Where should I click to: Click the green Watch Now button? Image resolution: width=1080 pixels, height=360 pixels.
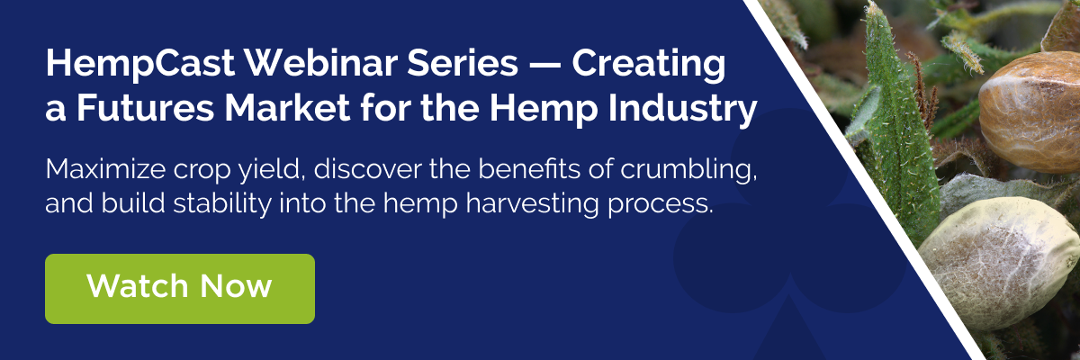click(x=180, y=289)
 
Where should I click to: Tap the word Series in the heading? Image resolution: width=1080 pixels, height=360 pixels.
click(x=463, y=63)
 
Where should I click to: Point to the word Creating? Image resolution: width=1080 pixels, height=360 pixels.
click(x=649, y=65)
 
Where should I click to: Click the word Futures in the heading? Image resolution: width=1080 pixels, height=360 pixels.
click(x=146, y=108)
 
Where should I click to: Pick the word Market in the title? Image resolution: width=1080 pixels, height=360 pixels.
click(x=288, y=108)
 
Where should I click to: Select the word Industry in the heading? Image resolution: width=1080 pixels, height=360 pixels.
click(x=682, y=111)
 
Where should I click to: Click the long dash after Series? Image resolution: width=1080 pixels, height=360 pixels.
click(x=545, y=65)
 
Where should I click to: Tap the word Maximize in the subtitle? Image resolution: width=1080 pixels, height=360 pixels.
click(x=105, y=169)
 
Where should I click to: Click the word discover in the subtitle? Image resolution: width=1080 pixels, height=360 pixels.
click(x=368, y=169)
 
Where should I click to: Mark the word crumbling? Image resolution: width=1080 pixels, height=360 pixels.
click(x=688, y=171)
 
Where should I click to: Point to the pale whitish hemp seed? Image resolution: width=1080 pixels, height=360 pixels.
click(x=998, y=263)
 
